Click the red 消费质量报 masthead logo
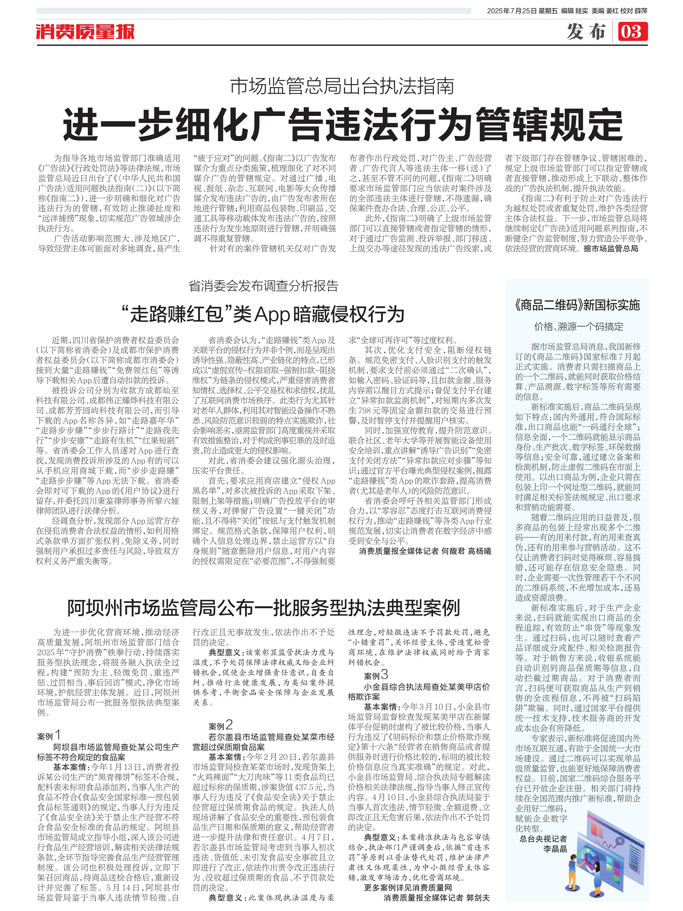tap(85, 32)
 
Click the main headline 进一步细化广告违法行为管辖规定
tap(342, 124)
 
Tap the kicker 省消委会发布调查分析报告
tap(263, 286)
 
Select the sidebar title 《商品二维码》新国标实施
tap(577, 305)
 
